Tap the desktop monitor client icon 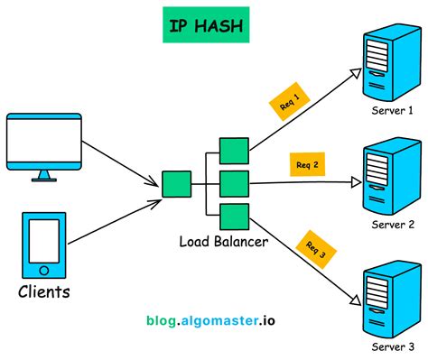click(43, 143)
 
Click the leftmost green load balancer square click(176, 184)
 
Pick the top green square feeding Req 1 click(234, 151)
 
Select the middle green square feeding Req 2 click(234, 183)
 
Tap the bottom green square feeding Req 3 click(234, 217)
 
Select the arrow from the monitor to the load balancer click(122, 158)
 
